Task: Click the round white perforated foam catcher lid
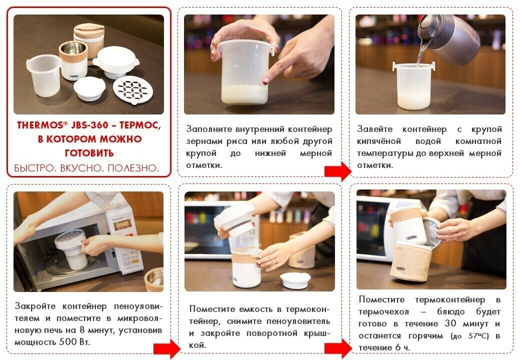click(x=133, y=90)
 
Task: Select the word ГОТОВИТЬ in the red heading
click(x=89, y=153)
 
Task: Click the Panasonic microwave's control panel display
click(x=121, y=225)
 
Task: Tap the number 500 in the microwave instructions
click(x=67, y=342)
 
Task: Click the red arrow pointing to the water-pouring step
click(x=337, y=171)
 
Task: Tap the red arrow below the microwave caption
click(x=167, y=348)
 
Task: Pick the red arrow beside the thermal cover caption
click(x=337, y=348)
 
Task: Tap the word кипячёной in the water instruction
click(x=378, y=141)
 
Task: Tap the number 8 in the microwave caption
click(x=82, y=330)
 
